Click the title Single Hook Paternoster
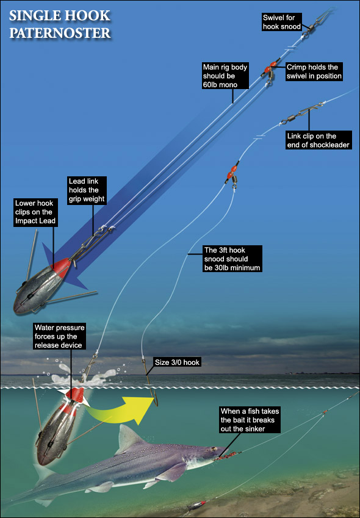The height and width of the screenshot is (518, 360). pos(60,24)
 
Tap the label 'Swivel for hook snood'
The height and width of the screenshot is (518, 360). pos(282,22)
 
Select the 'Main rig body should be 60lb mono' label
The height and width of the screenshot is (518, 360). pos(225,76)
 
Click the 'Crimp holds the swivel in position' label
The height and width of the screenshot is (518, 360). pos(314,71)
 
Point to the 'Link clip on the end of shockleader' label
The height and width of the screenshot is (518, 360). pos(318,140)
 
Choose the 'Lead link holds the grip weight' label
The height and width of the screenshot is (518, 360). pos(87,190)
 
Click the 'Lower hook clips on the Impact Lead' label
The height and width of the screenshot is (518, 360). pos(35,212)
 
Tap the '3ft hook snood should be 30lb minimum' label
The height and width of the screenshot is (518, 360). pos(232,259)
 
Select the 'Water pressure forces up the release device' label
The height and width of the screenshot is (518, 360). pos(59,336)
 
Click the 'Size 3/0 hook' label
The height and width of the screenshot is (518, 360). pos(177,362)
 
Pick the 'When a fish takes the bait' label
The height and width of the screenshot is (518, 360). pos(250,420)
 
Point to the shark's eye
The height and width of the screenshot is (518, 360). pos(213,449)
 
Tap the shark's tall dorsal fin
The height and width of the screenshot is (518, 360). pos(127,436)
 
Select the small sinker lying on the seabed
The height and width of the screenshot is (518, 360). pos(196,505)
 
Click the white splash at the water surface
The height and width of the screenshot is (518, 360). pos(82,376)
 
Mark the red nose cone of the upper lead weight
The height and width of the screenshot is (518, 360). pos(62,267)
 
